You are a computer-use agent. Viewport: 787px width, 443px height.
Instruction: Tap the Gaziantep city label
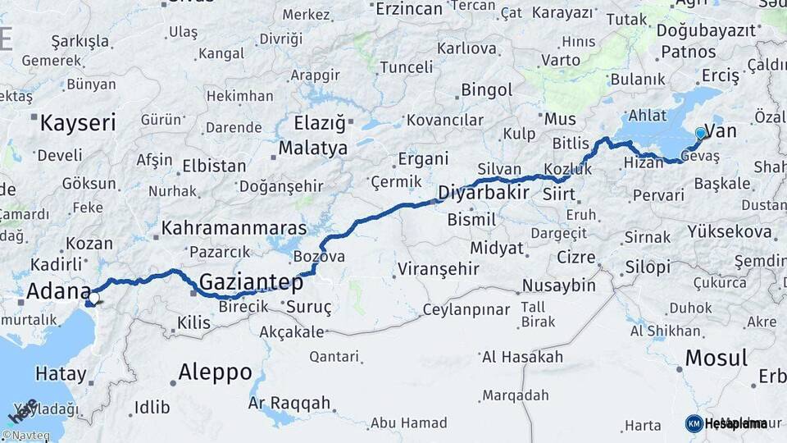tap(251, 282)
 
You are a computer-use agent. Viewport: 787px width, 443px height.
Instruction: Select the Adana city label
tap(58, 291)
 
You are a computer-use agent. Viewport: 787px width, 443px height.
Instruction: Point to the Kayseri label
tap(78, 124)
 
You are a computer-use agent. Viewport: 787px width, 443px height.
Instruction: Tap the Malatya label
tap(313, 148)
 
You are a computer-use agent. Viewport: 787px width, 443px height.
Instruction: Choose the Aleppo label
tap(216, 372)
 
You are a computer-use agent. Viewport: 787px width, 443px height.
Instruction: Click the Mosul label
tap(716, 358)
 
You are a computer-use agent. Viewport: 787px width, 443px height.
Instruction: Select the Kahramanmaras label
tap(234, 228)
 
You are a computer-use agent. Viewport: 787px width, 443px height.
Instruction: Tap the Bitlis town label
tap(571, 143)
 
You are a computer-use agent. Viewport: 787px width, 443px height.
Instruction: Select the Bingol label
tap(486, 89)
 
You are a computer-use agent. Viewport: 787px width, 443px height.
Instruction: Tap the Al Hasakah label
tap(522, 357)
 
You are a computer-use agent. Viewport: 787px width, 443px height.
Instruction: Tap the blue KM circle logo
tap(694, 423)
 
